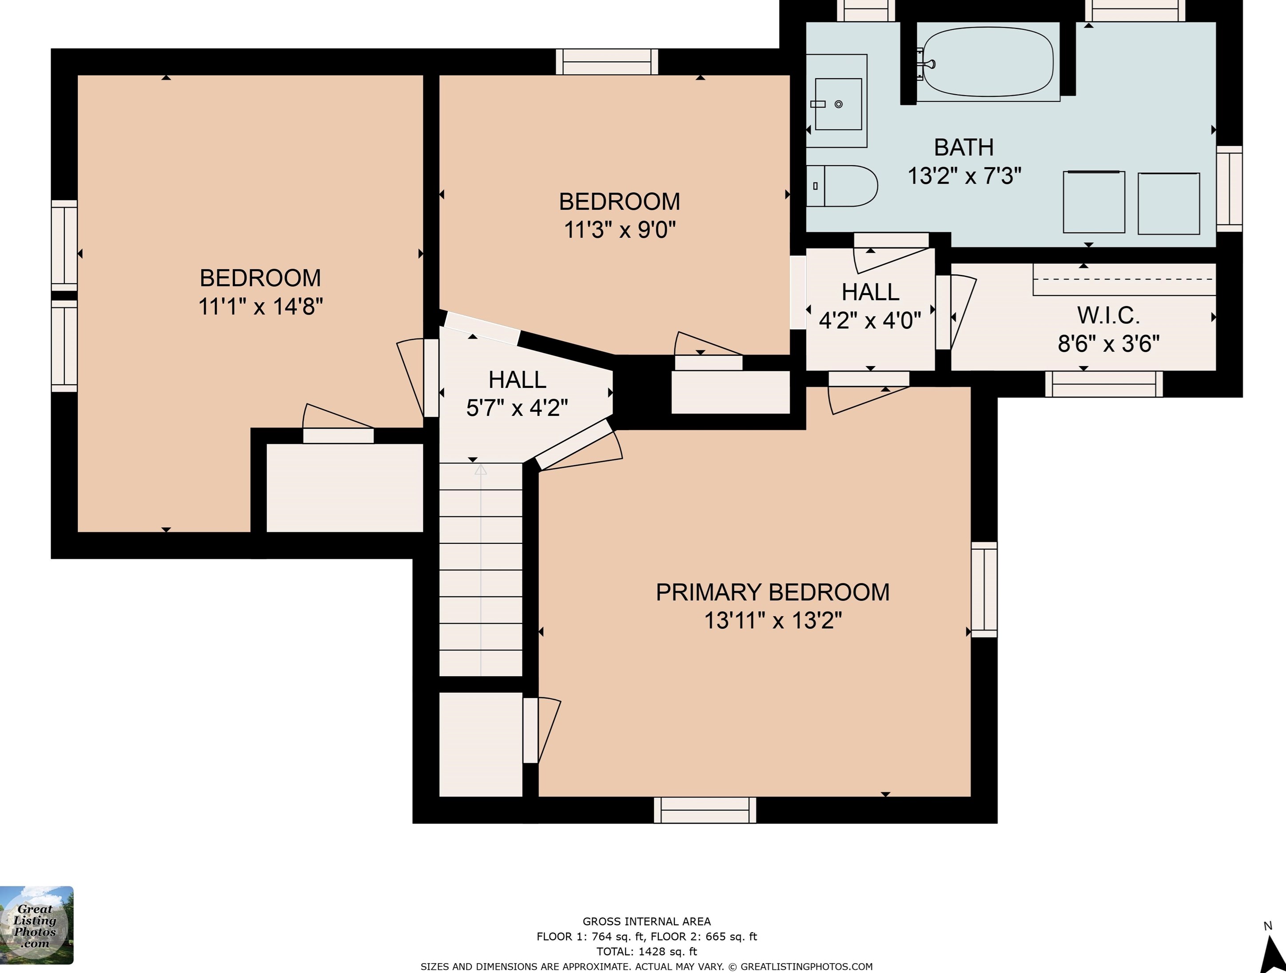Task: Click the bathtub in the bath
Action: click(x=988, y=62)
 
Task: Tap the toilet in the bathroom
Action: click(x=842, y=186)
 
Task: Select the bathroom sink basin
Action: click(x=838, y=104)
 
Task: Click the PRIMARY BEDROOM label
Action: click(x=772, y=592)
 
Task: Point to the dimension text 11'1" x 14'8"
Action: click(x=260, y=306)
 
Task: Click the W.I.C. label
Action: click(x=1108, y=315)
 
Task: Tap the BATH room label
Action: click(x=964, y=147)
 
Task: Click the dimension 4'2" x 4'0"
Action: click(x=870, y=320)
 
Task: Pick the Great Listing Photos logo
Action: click(x=36, y=925)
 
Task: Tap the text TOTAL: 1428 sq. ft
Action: click(x=646, y=952)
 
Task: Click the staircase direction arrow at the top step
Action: click(x=480, y=469)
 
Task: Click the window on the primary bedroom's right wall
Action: click(x=984, y=590)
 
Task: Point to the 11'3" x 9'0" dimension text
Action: click(x=620, y=230)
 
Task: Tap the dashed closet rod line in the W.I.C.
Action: click(x=1124, y=279)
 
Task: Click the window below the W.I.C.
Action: click(x=1104, y=384)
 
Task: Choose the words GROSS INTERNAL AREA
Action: click(x=646, y=921)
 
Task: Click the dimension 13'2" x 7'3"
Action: click(x=964, y=175)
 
